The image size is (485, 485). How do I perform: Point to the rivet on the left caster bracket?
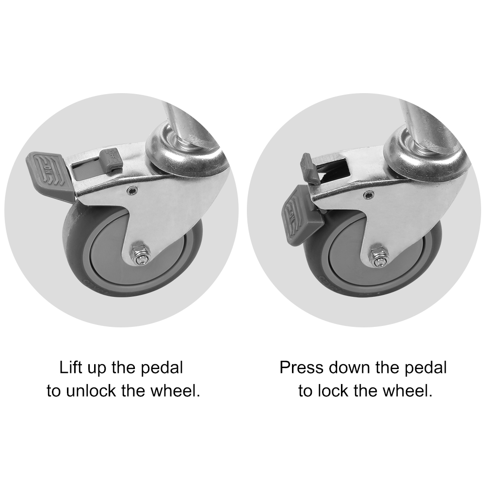point(132,190)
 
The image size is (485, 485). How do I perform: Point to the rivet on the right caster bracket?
point(368,195)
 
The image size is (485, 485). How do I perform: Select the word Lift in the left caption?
point(70,368)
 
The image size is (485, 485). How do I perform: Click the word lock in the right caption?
point(334,390)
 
